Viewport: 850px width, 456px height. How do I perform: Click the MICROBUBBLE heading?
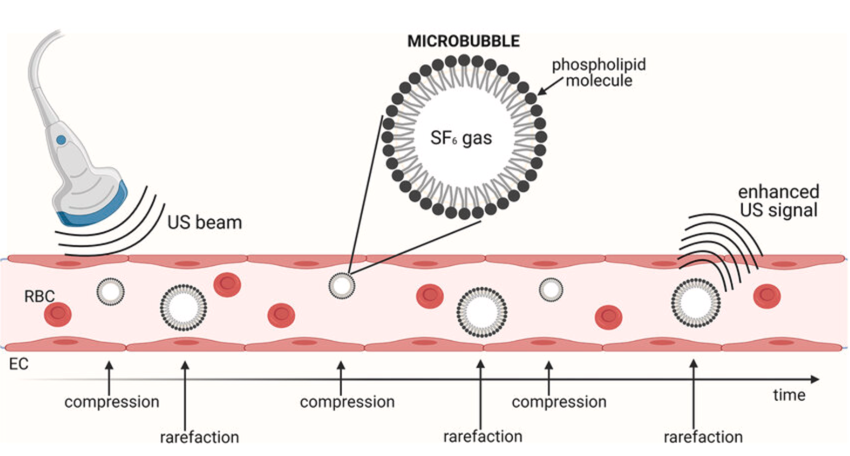pos(463,41)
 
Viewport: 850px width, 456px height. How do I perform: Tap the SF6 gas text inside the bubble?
pos(461,138)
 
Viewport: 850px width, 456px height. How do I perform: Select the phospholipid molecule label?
pos(599,72)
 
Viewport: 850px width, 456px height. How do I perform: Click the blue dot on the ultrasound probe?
pos(61,140)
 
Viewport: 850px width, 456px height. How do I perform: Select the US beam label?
pos(204,223)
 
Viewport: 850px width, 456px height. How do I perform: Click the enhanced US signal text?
pos(779,201)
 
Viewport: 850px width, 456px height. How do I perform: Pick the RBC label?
pos(39,296)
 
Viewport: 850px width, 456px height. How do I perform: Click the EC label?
pos(19,363)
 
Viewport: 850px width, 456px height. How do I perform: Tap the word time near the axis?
pos(789,395)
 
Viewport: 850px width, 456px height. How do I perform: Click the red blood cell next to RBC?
pos(58,314)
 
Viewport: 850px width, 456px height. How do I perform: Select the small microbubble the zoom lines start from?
pos(342,285)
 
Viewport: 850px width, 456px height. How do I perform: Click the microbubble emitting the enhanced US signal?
pos(696,303)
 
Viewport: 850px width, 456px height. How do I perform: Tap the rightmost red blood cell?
pos(767,295)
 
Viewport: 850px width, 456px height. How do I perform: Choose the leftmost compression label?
pos(112,402)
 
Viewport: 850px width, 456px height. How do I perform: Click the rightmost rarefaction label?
pos(703,437)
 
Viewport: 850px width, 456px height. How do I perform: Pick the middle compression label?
pos(347,402)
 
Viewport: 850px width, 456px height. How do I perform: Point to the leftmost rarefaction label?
pos(199,437)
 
